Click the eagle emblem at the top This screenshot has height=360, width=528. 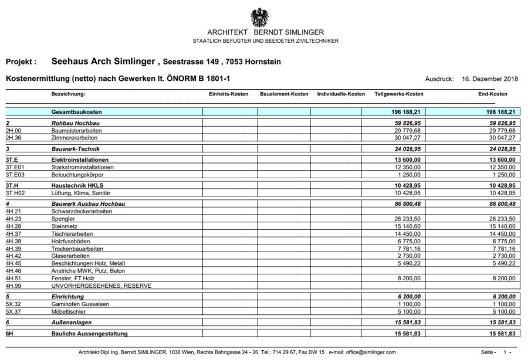click(259, 16)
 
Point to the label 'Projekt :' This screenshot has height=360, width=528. click(22, 62)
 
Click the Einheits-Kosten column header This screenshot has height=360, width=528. click(229, 94)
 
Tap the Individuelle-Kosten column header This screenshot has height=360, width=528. click(341, 94)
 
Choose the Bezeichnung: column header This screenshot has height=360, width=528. click(69, 94)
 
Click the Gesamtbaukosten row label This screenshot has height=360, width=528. click(77, 111)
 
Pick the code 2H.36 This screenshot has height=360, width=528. click(13, 138)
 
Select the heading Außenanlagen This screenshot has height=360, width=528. click(72, 322)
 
